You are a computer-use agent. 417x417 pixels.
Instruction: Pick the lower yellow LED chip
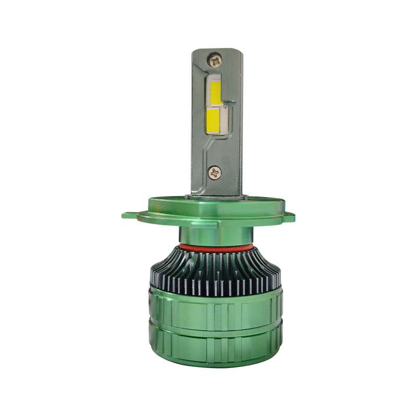pos(213,120)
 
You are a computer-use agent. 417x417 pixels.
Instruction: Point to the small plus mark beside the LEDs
pos(225,106)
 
